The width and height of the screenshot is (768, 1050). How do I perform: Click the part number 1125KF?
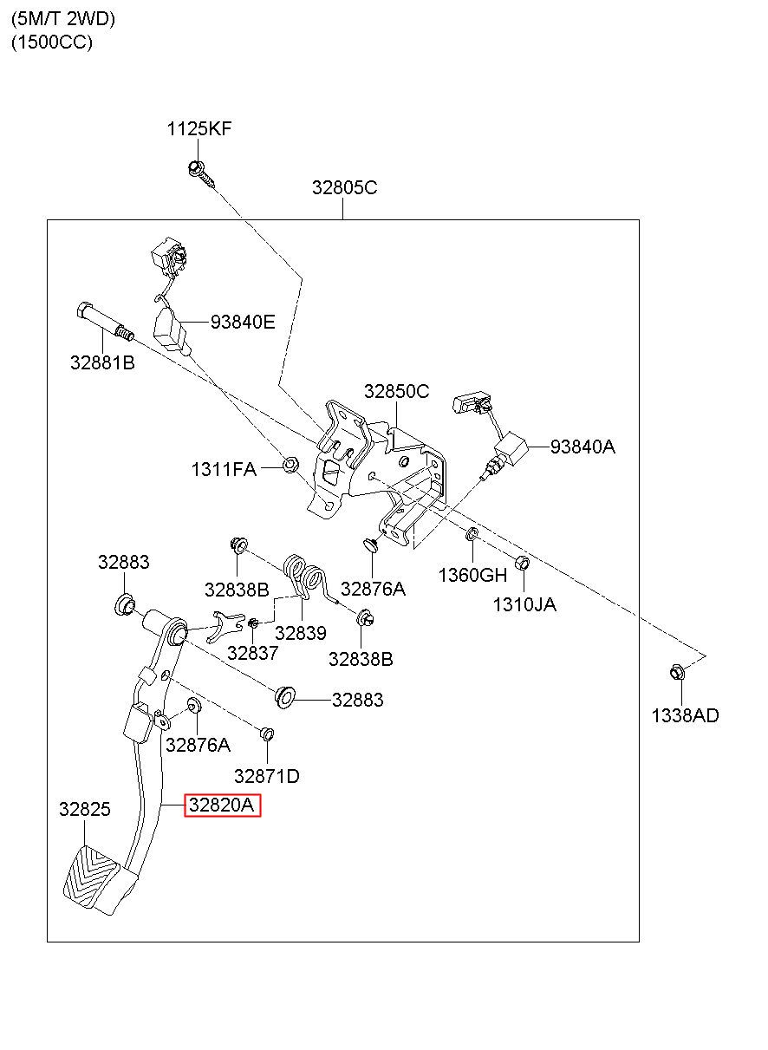199,128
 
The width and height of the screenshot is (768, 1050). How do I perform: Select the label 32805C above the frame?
344,187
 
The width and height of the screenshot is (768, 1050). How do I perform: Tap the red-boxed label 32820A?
222,805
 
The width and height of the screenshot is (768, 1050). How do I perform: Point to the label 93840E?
243,322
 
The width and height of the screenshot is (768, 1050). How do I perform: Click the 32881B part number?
102,362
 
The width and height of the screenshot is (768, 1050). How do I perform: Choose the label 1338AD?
685,716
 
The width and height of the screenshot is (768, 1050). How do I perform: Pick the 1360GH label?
472,575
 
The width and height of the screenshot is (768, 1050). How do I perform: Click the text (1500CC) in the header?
52,42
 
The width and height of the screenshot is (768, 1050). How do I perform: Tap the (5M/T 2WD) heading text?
63,19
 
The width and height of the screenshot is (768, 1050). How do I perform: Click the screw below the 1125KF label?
202,173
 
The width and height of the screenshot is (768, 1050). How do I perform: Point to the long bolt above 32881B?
105,320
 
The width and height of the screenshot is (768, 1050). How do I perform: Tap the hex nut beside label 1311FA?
291,465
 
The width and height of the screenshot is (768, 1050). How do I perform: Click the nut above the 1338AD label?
678,673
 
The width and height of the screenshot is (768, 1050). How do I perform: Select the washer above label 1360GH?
472,533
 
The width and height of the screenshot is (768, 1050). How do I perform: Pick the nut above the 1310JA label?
523,563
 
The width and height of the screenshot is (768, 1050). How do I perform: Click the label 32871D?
267,776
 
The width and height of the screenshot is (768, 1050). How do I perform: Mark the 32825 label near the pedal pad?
85,809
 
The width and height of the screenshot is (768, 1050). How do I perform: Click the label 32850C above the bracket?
396,391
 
